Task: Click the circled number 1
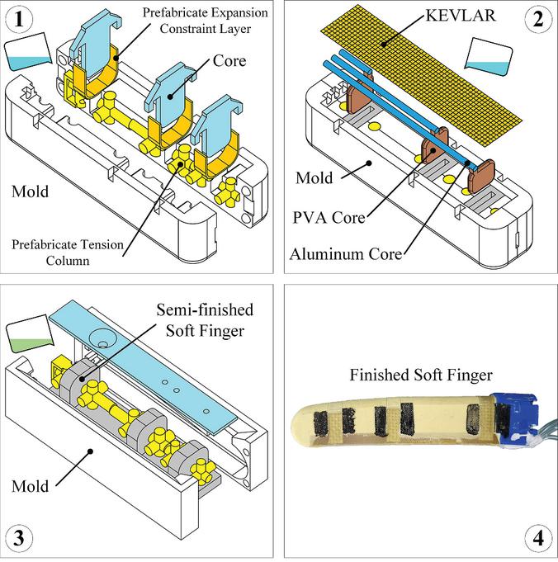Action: click(x=21, y=20)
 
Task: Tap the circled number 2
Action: click(x=537, y=21)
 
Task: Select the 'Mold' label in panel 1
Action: click(x=30, y=194)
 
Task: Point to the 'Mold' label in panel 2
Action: click(x=313, y=178)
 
